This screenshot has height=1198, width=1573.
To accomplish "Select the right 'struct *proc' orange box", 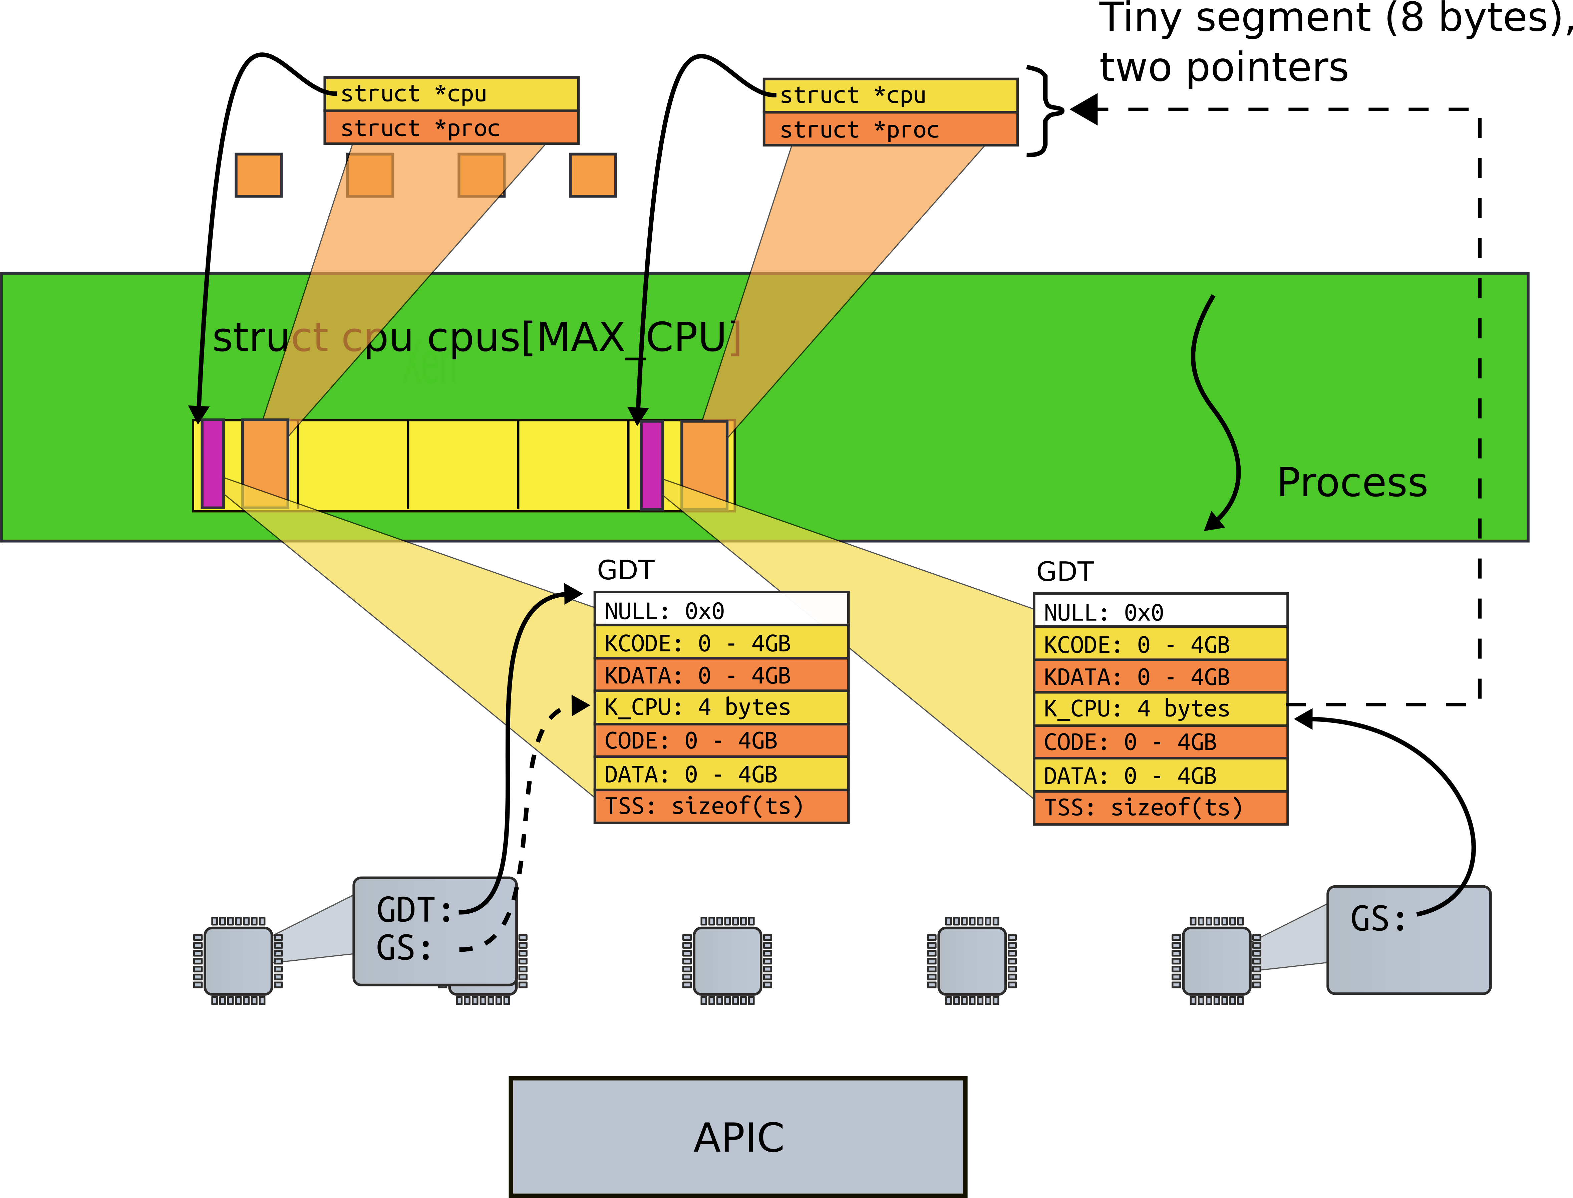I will pyautogui.click(x=890, y=130).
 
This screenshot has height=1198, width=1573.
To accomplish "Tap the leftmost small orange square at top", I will pyautogui.click(x=258, y=175).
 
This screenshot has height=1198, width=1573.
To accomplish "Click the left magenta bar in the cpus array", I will pyautogui.click(x=213, y=464).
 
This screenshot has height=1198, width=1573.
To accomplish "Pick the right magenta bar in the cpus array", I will pyautogui.click(x=652, y=465).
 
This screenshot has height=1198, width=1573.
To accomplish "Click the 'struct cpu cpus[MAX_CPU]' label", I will pyautogui.click(x=476, y=337).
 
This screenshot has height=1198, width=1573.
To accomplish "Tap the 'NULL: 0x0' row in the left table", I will pyautogui.click(x=721, y=610).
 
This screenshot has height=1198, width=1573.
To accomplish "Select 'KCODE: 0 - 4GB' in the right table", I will pyautogui.click(x=1160, y=645).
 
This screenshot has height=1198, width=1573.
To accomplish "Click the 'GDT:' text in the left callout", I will pyautogui.click(x=413, y=911).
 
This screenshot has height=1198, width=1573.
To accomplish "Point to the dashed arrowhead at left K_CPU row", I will pyautogui.click(x=580, y=706).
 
